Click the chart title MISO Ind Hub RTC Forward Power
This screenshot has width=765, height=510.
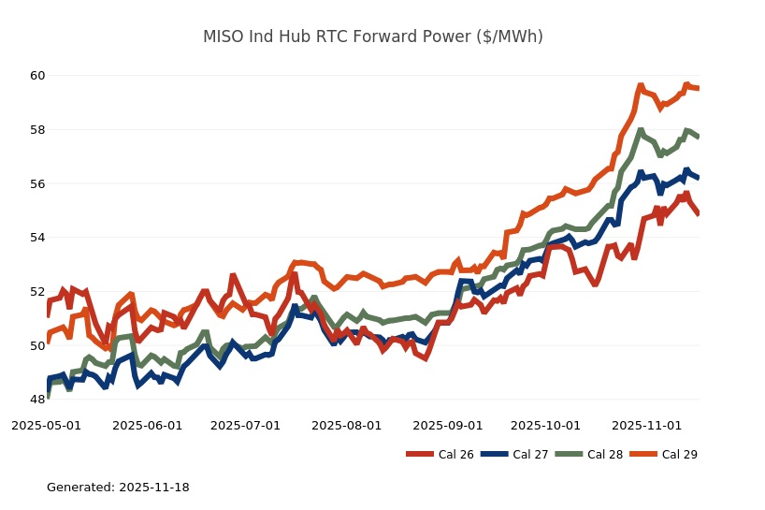pyautogui.click(x=373, y=37)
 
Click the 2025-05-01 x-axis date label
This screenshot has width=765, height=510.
pyautogui.click(x=46, y=425)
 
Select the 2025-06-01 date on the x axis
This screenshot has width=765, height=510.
pyautogui.click(x=148, y=425)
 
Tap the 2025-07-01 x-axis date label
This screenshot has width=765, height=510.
pyautogui.click(x=246, y=425)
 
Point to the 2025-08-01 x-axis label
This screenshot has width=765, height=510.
pyautogui.click(x=347, y=425)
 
